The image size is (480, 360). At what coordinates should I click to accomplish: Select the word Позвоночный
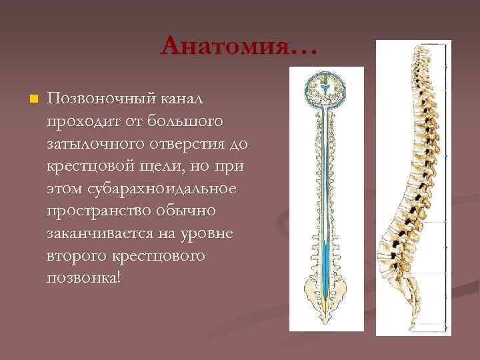99,100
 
